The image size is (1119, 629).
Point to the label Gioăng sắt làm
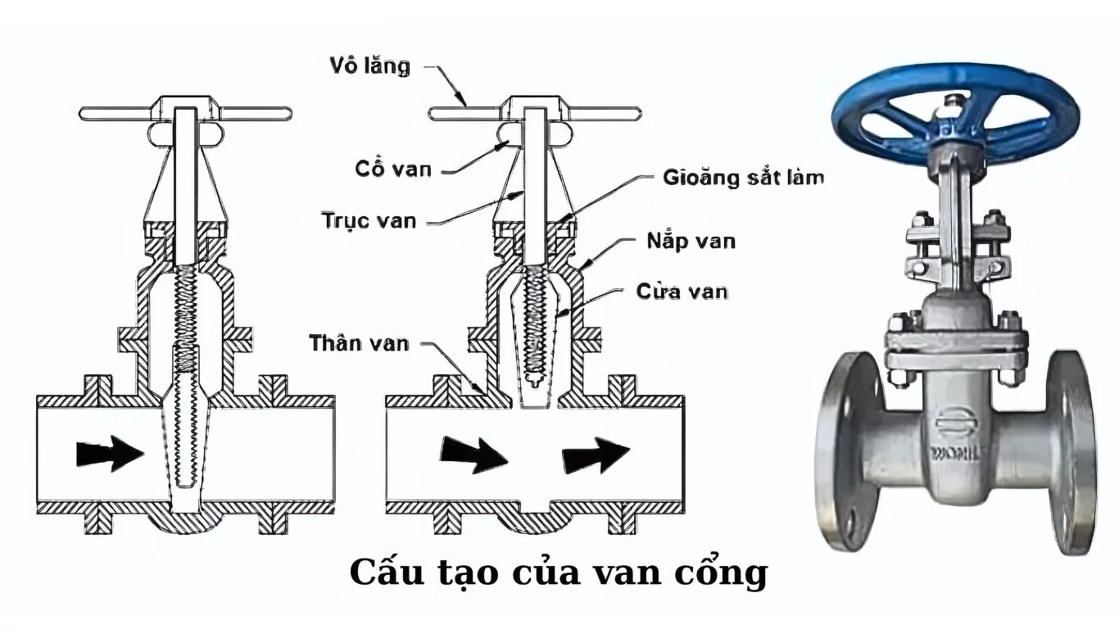point(744,176)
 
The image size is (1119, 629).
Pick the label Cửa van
point(682,291)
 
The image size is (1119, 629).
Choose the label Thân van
point(359,342)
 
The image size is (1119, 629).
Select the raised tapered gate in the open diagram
point(538,344)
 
